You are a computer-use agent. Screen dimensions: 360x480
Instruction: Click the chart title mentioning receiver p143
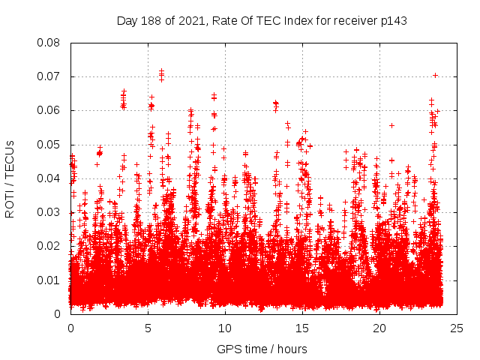(x=262, y=20)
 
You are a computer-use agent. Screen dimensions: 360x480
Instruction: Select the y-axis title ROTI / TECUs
(x=10, y=178)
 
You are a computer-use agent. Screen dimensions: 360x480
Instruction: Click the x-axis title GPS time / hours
(x=262, y=349)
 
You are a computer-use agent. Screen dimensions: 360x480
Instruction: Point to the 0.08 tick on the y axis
(x=49, y=43)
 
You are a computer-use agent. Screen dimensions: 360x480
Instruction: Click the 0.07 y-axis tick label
(x=49, y=76)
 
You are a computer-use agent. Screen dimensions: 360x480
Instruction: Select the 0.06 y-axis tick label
(x=49, y=110)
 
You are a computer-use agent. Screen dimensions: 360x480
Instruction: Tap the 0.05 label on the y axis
(x=49, y=145)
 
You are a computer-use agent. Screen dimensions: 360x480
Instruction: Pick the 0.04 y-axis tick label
(x=49, y=178)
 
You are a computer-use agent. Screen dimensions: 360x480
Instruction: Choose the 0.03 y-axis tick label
(x=49, y=212)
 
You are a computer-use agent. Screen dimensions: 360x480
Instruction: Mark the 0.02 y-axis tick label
(x=49, y=246)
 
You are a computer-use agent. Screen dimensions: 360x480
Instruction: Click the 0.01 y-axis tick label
(x=49, y=280)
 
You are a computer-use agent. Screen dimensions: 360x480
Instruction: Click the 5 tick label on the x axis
(x=148, y=328)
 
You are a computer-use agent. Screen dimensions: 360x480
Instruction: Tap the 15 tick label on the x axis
(x=302, y=328)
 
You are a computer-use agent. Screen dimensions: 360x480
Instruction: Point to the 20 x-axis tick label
(x=379, y=328)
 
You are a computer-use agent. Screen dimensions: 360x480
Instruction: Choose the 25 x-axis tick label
(x=457, y=328)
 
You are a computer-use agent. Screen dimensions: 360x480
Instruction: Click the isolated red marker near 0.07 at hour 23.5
(x=435, y=75)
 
